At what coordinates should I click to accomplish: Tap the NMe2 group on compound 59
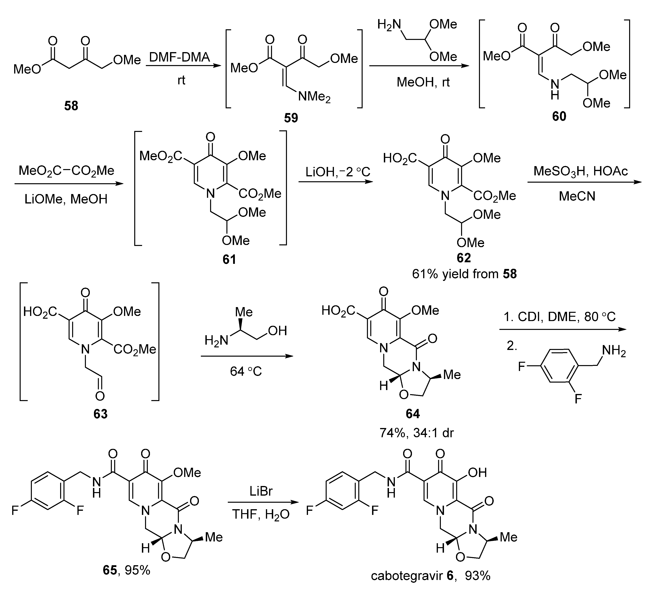tap(314, 97)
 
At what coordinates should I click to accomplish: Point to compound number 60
tap(559, 116)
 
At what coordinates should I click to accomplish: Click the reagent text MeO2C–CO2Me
tap(66, 170)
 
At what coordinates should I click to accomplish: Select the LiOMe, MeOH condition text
tap(66, 199)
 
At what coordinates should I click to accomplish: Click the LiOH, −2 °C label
tap(338, 172)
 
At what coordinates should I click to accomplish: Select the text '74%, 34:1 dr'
tap(417, 433)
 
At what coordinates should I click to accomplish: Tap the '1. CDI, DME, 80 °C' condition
tap(560, 317)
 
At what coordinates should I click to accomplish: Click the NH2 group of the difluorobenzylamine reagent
tap(613, 351)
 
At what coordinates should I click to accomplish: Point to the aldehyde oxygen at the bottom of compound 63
tap(100, 396)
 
